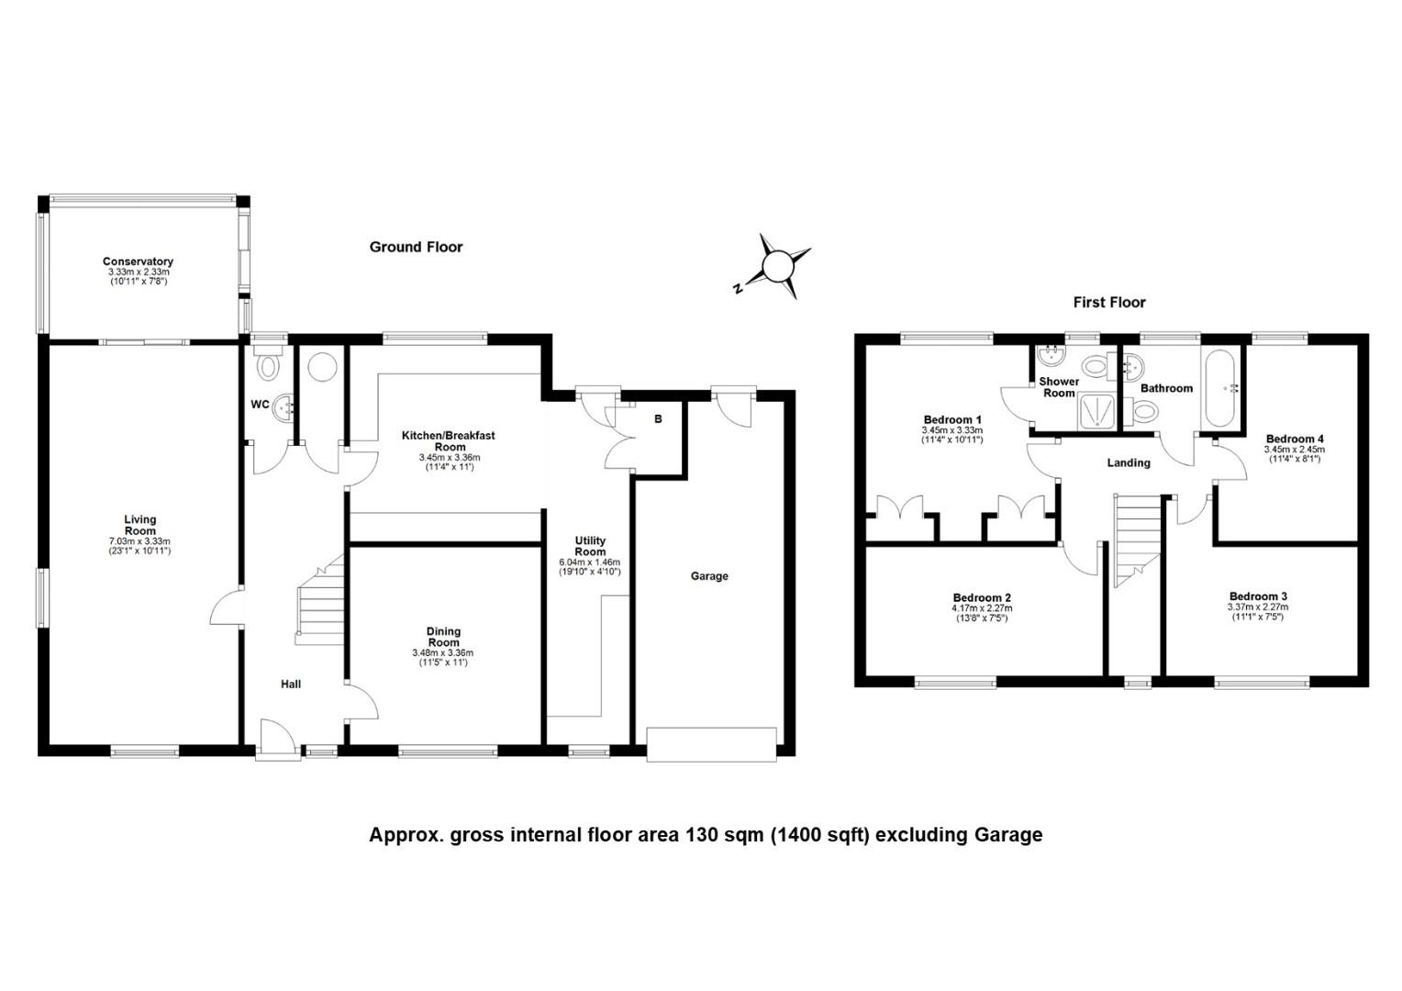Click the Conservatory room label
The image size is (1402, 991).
(x=138, y=261)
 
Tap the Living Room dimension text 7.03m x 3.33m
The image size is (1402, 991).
(x=139, y=541)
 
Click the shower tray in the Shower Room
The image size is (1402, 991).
(x=1097, y=412)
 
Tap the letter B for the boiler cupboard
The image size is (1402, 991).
(x=658, y=418)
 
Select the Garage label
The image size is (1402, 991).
(x=709, y=576)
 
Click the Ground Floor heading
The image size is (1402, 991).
(x=416, y=247)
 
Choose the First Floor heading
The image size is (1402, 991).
(x=1109, y=303)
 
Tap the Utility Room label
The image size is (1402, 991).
(x=590, y=546)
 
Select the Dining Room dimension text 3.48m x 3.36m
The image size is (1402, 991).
(x=443, y=653)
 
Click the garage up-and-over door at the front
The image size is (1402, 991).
(x=712, y=744)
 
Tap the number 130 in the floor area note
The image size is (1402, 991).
(x=728, y=834)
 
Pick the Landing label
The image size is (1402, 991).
(x=1129, y=462)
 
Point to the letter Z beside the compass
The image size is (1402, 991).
(x=738, y=289)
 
